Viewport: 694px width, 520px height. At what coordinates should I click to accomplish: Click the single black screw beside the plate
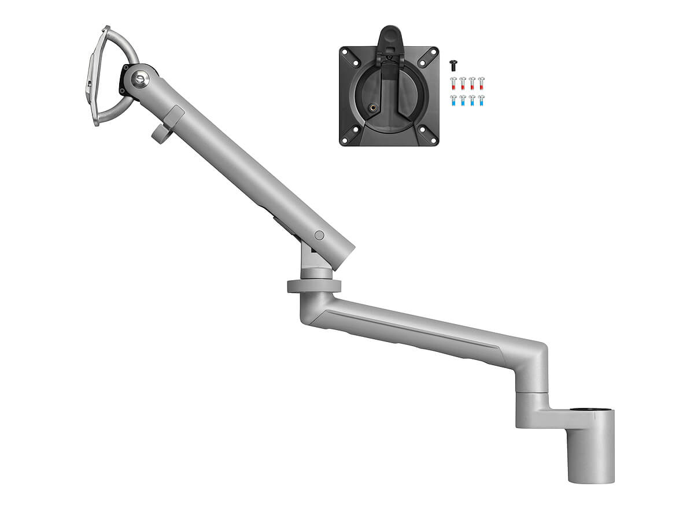pyautogui.click(x=453, y=65)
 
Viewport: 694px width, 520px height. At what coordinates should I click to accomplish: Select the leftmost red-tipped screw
pyautogui.click(x=454, y=83)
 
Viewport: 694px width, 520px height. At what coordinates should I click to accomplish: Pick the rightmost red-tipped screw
pyautogui.click(x=481, y=83)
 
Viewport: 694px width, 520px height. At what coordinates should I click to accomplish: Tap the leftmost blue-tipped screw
pyautogui.click(x=454, y=100)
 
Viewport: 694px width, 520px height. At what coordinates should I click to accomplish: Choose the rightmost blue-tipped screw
pyautogui.click(x=481, y=100)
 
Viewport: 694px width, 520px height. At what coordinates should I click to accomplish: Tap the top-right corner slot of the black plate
pyautogui.click(x=430, y=53)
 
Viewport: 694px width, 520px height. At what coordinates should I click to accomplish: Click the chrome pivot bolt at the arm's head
pyautogui.click(x=140, y=77)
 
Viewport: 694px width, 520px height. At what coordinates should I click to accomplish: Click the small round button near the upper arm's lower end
pyautogui.click(x=319, y=235)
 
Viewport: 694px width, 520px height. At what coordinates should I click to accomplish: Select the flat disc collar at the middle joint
pyautogui.click(x=314, y=286)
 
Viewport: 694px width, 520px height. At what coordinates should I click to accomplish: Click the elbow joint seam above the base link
pyautogui.click(x=530, y=393)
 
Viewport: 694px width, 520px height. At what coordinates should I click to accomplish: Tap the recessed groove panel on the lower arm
pyautogui.click(x=411, y=329)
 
